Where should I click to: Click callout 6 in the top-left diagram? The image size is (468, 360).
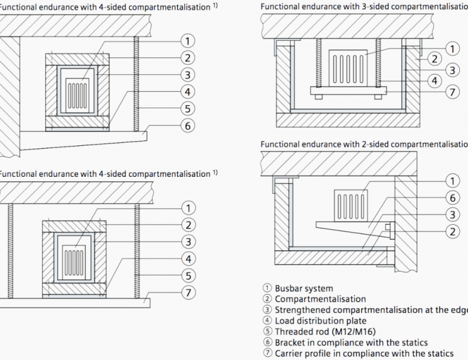[186, 125]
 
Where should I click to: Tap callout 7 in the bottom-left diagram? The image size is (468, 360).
[187, 293]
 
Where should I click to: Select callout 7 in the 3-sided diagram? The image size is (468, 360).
[453, 92]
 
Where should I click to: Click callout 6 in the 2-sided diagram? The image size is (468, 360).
[453, 198]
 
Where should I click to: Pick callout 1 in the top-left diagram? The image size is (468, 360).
[186, 41]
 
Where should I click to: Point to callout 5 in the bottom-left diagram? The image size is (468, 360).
[187, 276]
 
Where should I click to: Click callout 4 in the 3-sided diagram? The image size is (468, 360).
[434, 80]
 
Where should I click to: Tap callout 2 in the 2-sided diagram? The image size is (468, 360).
[453, 230]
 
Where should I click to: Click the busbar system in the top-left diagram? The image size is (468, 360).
[77, 92]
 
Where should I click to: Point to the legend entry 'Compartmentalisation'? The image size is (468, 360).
[315, 299]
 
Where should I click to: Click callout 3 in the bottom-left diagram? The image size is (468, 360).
[187, 242]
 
